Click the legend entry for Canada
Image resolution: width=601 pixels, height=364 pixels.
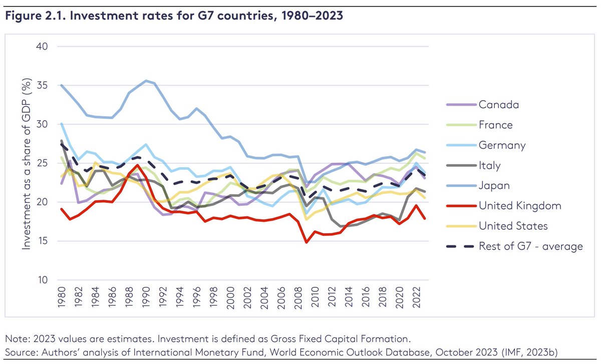click(498, 105)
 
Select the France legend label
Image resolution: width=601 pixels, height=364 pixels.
click(496, 125)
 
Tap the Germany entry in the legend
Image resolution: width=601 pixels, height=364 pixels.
click(502, 145)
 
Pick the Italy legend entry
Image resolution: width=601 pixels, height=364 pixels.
click(489, 165)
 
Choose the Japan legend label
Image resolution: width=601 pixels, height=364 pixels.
click(494, 185)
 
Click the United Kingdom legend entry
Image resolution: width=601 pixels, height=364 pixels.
click(520, 206)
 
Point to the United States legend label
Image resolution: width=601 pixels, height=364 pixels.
click(513, 226)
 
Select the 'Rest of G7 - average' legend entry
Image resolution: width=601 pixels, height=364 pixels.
click(530, 246)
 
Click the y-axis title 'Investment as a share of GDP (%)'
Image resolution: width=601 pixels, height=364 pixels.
click(26, 165)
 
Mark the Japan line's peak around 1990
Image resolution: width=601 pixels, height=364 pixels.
click(146, 81)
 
